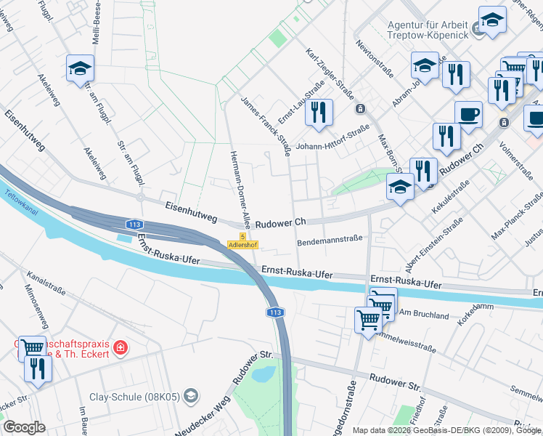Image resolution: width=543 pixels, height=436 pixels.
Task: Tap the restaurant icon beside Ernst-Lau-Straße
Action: pyautogui.click(x=319, y=113)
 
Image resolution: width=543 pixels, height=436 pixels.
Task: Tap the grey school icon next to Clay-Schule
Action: pyautogui.click(x=190, y=396)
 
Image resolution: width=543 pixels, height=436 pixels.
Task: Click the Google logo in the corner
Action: pyautogui.click(x=24, y=427)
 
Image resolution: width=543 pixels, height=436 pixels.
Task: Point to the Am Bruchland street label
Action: pyautogui.click(x=425, y=315)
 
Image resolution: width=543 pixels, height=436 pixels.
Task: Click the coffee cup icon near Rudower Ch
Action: pyautogui.click(x=468, y=114)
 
